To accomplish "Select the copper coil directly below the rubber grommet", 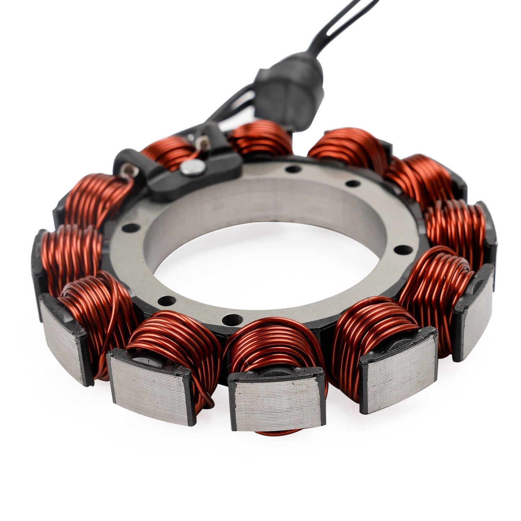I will click(260, 139).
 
